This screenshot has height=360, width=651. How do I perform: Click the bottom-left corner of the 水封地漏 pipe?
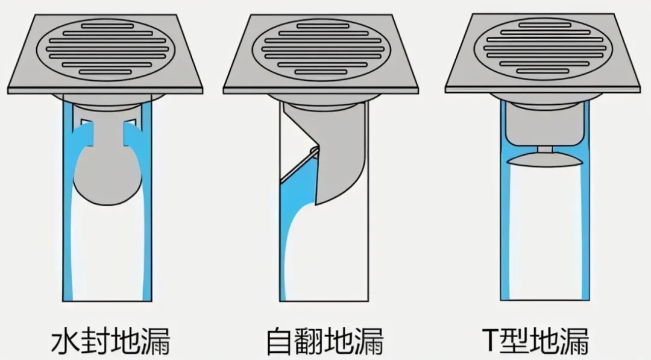(63, 301)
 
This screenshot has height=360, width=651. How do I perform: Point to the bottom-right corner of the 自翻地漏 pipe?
(368, 301)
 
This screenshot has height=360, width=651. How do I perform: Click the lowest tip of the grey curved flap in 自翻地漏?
(316, 204)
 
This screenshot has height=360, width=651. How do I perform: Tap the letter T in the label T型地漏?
(491, 340)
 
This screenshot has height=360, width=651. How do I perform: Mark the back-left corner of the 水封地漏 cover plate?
(35, 15)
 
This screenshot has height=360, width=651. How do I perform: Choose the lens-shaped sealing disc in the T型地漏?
(545, 159)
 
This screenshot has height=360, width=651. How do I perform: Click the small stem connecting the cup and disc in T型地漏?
(545, 149)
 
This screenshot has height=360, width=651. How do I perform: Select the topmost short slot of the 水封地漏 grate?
(107, 26)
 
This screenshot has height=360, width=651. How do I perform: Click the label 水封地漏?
(111, 341)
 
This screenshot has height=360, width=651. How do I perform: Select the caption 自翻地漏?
(324, 341)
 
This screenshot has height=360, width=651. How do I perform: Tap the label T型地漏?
(536, 340)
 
